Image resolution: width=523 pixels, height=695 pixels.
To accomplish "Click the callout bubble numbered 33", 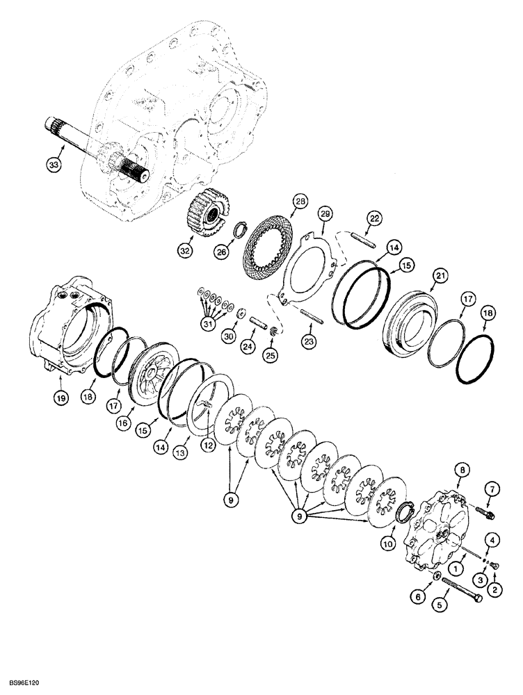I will pyautogui.click(x=54, y=165).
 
